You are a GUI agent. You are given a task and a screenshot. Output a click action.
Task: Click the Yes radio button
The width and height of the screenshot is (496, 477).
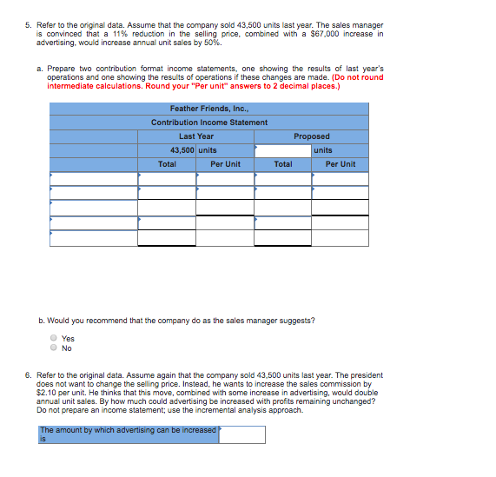[x=54, y=339]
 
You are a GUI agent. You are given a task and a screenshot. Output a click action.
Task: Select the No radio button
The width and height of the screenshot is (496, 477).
[x=54, y=348]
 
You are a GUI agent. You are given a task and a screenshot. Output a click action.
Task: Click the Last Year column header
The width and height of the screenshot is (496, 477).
[x=196, y=136]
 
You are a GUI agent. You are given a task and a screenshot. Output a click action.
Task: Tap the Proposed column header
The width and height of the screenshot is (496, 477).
[x=311, y=136]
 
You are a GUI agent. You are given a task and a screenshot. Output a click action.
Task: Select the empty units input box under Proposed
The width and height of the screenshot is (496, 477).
[x=282, y=150]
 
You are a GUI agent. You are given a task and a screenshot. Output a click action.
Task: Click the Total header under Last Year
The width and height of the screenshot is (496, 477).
[x=167, y=164]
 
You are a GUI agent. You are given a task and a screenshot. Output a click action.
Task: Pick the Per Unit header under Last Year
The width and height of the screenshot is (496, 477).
[x=225, y=164]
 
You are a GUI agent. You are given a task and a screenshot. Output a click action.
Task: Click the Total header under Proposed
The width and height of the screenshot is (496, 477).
[x=282, y=164]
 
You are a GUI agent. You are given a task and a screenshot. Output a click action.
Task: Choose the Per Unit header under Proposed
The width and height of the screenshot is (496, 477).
[x=340, y=164]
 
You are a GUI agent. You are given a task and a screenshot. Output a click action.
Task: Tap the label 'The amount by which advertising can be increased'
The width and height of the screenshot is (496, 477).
[x=128, y=430]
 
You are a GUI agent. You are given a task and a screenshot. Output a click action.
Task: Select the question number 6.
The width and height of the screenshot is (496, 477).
[x=28, y=375]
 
